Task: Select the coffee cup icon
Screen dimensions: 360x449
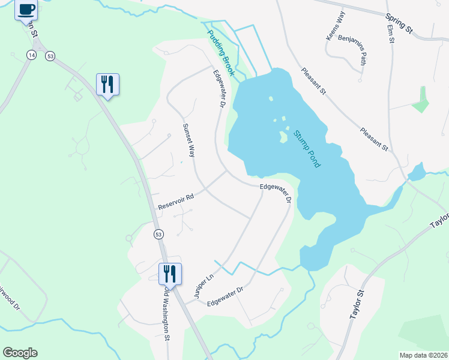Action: (26, 10)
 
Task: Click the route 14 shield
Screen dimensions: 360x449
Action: (31, 55)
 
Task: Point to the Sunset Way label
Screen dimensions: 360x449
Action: (189, 140)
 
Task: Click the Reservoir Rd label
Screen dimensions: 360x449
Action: (176, 202)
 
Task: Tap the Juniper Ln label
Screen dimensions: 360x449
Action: (203, 286)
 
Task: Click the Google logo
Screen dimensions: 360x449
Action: (20, 353)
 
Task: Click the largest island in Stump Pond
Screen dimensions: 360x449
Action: (282, 136)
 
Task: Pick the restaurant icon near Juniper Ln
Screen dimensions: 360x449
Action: (170, 274)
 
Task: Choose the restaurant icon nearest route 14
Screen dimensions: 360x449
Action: (107, 84)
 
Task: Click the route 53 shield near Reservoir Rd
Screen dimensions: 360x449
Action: (158, 233)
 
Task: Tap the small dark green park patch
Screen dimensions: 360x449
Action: (421, 100)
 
